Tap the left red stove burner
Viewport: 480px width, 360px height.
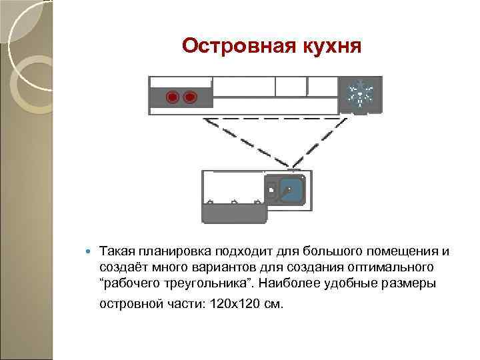pyautogui.click(x=173, y=98)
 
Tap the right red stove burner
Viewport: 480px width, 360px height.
pyautogui.click(x=189, y=98)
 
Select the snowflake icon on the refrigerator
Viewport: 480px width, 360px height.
pyautogui.click(x=361, y=94)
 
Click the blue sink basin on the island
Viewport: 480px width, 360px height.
pyautogui.click(x=291, y=191)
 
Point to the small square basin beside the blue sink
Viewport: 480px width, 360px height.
pyautogui.click(x=272, y=189)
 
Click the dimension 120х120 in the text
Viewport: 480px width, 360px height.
pyautogui.click(x=235, y=304)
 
